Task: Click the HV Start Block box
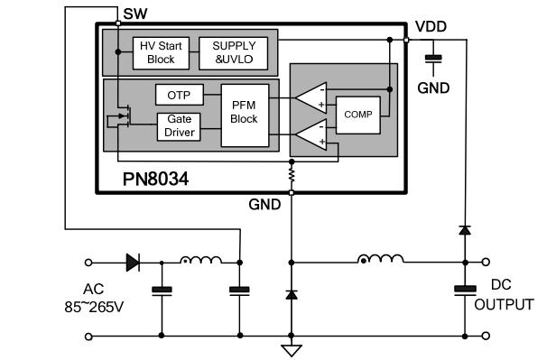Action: point(160,52)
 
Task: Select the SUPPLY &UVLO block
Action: point(233,52)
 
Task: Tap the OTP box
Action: point(178,95)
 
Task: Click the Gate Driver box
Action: point(178,126)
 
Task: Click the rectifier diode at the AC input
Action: point(133,263)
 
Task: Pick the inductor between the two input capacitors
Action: point(200,262)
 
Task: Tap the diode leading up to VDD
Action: point(464,231)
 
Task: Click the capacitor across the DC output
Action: point(464,290)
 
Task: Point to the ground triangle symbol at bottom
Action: point(291,348)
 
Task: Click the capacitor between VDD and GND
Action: point(434,59)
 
